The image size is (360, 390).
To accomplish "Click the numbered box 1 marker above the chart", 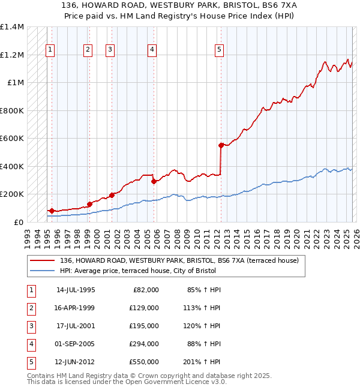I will (50, 50).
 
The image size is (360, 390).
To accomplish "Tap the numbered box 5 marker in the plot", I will (220, 50).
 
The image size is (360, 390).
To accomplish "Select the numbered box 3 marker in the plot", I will (110, 50).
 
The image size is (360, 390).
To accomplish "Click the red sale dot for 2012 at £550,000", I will (221, 145).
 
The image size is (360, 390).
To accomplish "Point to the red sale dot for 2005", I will (154, 181).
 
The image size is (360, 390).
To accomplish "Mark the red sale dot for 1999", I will (89, 204).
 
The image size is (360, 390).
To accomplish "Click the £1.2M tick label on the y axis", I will (12, 55).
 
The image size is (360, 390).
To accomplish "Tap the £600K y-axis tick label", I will (12, 139).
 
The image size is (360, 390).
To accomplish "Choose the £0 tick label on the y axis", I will (19, 222).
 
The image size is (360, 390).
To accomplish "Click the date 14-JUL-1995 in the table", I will (76, 290).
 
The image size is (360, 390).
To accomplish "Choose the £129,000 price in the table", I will (144, 308).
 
